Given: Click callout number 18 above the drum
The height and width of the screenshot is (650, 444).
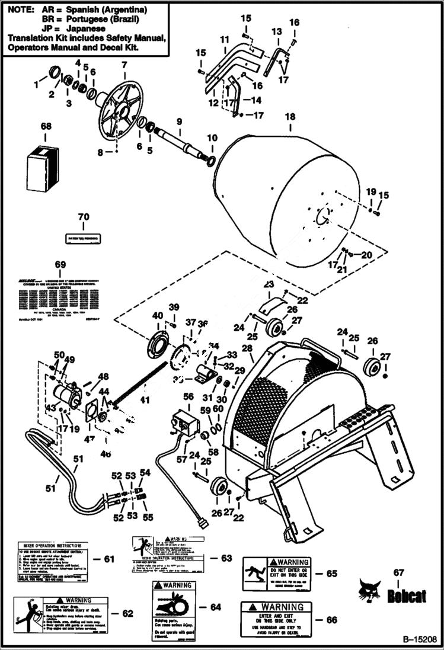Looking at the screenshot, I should (x=289, y=117).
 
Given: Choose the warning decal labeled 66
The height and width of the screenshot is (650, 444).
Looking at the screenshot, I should (x=275, y=619).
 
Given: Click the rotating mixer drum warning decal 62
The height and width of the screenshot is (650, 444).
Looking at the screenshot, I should (x=60, y=613).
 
